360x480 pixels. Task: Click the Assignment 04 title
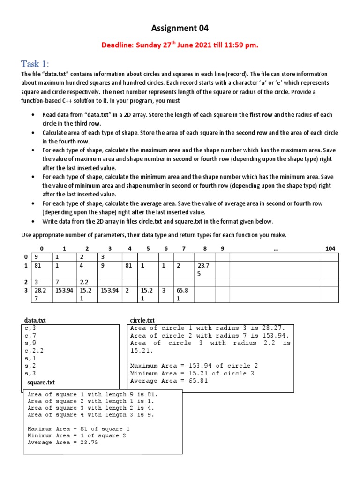point(180,29)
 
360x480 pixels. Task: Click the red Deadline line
point(180,45)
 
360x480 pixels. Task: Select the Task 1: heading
point(35,64)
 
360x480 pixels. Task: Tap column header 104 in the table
point(330,248)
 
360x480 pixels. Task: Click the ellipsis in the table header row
point(275,248)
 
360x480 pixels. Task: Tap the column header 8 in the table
point(205,248)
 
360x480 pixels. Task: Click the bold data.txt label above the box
point(35,320)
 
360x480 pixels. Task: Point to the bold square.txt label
point(41,382)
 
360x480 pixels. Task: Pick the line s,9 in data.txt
point(30,343)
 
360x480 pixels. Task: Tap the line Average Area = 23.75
point(63,442)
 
